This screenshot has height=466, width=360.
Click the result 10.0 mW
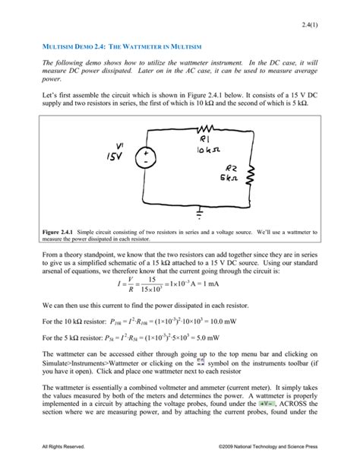[x=237, y=322]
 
